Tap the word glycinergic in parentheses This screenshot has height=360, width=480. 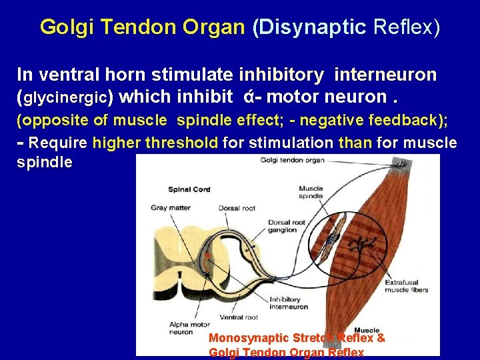65,98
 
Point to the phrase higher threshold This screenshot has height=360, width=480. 155,143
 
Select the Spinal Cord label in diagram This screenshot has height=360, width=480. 189,189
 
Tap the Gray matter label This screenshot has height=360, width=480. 170,207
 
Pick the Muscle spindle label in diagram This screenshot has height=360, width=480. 311,193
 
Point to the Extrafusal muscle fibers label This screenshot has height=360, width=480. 406,286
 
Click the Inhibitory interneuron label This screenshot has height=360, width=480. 289,303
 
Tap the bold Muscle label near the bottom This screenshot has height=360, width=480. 367,330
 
